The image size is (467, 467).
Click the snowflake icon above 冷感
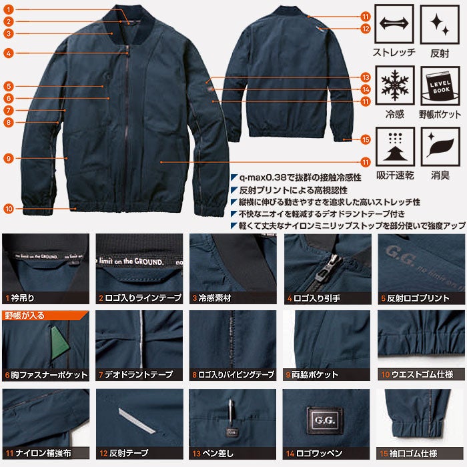pyautogui.click(x=394, y=85)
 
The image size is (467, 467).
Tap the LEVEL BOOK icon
pyautogui.click(x=440, y=85)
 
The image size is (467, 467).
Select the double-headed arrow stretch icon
pyautogui.click(x=394, y=24)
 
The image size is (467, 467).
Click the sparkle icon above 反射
pyautogui.click(x=440, y=24)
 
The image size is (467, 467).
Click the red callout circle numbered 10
pyautogui.click(x=8, y=209)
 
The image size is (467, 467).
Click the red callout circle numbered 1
pyautogui.click(x=8, y=10)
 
